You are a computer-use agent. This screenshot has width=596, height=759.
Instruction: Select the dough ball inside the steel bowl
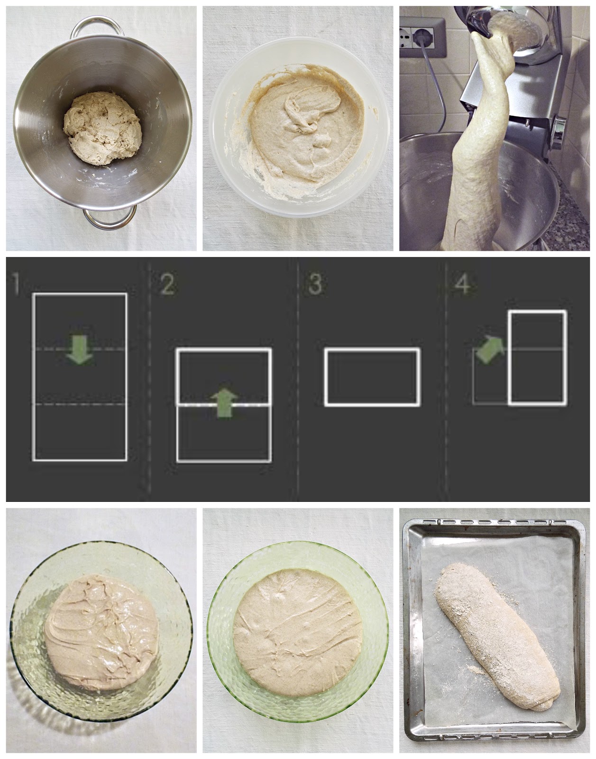tap(102, 128)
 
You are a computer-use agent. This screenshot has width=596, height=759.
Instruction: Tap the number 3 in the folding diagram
tap(315, 284)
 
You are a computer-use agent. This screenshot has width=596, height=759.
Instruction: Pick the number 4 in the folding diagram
tap(463, 284)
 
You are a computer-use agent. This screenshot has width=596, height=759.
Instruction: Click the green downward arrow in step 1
tap(79, 350)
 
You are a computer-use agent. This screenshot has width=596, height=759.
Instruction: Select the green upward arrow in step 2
tap(224, 403)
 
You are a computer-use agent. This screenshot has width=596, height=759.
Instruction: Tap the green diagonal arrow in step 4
tap(490, 350)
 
